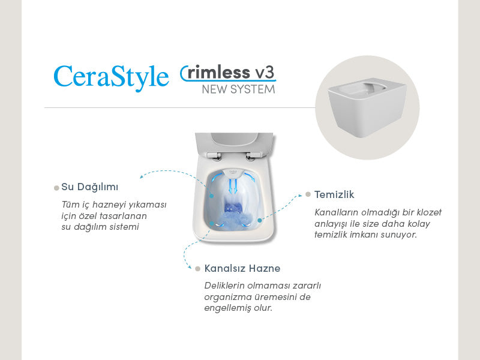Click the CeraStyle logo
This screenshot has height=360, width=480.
(111, 77)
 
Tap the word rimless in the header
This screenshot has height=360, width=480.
(220, 73)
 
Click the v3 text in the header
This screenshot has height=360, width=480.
(265, 72)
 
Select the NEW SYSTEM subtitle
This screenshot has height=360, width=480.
(238, 89)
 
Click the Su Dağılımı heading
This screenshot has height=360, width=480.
(89, 187)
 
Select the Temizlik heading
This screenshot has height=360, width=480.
(334, 194)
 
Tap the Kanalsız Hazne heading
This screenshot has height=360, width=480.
(242, 268)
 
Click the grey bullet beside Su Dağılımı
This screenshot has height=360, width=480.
(56, 188)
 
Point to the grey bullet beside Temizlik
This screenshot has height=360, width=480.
(308, 194)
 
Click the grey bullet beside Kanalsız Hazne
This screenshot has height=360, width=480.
(197, 268)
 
